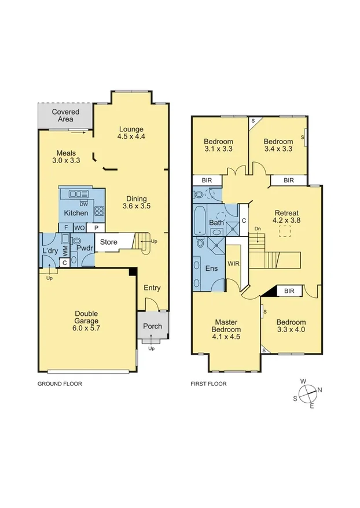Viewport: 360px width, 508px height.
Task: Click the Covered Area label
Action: point(65,115)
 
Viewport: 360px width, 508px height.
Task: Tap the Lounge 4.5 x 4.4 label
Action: point(131,133)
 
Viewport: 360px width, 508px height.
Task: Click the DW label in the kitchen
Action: point(84,204)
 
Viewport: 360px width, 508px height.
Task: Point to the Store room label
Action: point(109,242)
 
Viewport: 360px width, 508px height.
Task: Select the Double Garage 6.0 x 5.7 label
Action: point(86,322)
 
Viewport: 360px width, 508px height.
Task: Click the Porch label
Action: point(152,326)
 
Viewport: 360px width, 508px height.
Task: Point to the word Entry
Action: point(152,288)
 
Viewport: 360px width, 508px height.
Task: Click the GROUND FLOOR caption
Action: point(60,384)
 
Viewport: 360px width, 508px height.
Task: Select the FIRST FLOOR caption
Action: point(208,384)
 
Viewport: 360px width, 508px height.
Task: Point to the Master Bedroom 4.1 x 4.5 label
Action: point(227,329)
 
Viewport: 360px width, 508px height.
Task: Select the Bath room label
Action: point(216,222)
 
